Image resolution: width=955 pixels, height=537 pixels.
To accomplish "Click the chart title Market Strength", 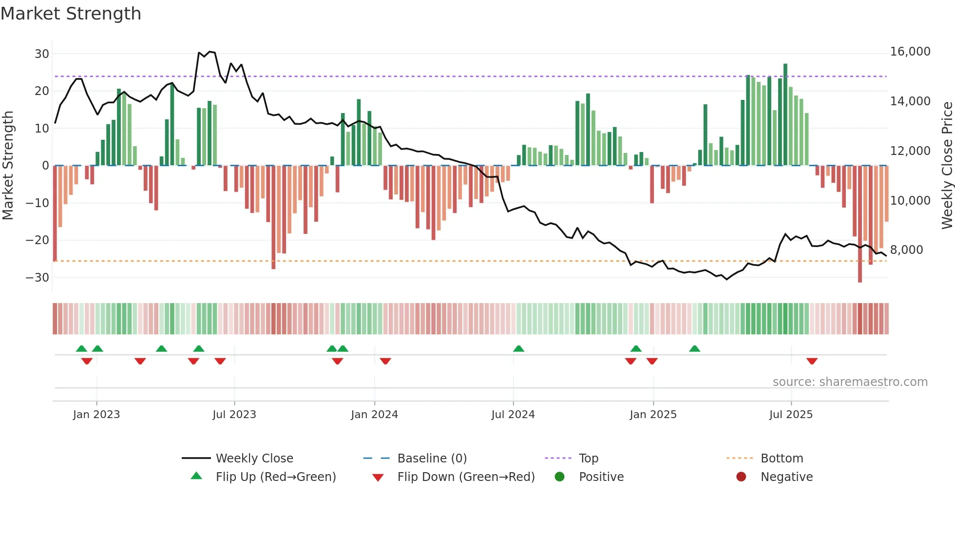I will point(71,14).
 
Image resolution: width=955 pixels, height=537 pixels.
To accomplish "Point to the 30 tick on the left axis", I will point(41,54).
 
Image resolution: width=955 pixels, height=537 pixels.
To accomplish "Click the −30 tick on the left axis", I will point(38,278).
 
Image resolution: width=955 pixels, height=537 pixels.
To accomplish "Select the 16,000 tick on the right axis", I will point(910,52).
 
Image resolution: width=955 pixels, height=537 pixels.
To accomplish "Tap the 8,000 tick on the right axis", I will point(906,250).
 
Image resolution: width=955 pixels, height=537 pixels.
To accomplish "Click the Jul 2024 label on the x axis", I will point(513,415).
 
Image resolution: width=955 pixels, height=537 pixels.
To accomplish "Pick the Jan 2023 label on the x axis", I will point(96,415).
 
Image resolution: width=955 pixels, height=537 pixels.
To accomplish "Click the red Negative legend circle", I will point(741,477).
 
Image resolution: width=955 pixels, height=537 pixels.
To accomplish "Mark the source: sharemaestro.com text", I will point(850,382).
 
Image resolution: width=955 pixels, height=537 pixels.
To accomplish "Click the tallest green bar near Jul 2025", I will point(785,115).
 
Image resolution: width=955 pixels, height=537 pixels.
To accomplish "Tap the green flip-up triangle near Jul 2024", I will point(518,349).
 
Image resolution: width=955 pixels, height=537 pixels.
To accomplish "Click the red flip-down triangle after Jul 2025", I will point(812,361).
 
